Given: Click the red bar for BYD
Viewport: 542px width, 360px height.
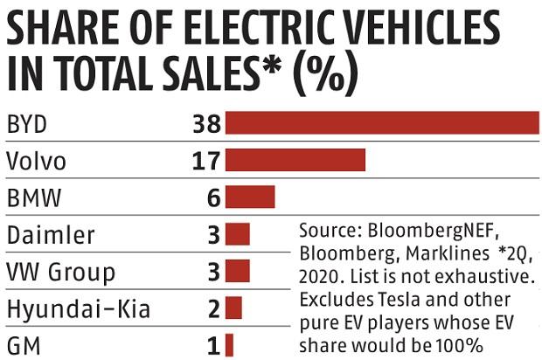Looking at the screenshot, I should point(382,123).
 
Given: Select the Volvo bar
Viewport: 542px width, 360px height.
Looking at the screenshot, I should point(295,161).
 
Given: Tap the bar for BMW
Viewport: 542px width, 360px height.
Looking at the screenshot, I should point(250,197).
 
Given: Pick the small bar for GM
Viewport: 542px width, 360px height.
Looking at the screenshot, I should point(229,345).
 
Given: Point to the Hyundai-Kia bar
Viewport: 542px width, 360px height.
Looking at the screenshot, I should point(233,308).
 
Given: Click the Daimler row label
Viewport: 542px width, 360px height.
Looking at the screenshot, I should point(50,235).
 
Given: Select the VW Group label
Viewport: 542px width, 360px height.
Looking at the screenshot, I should point(59,272).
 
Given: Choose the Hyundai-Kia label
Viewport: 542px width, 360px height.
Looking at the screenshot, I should point(78,308).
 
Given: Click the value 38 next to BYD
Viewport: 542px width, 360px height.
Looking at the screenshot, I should point(205,123).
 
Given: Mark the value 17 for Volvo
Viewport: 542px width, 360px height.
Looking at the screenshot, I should point(205,161).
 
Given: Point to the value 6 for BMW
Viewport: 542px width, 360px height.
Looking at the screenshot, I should point(212,197).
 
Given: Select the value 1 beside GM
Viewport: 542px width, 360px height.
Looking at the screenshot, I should point(212,345).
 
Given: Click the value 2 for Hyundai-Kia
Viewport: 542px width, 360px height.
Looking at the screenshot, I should point(212,308).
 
